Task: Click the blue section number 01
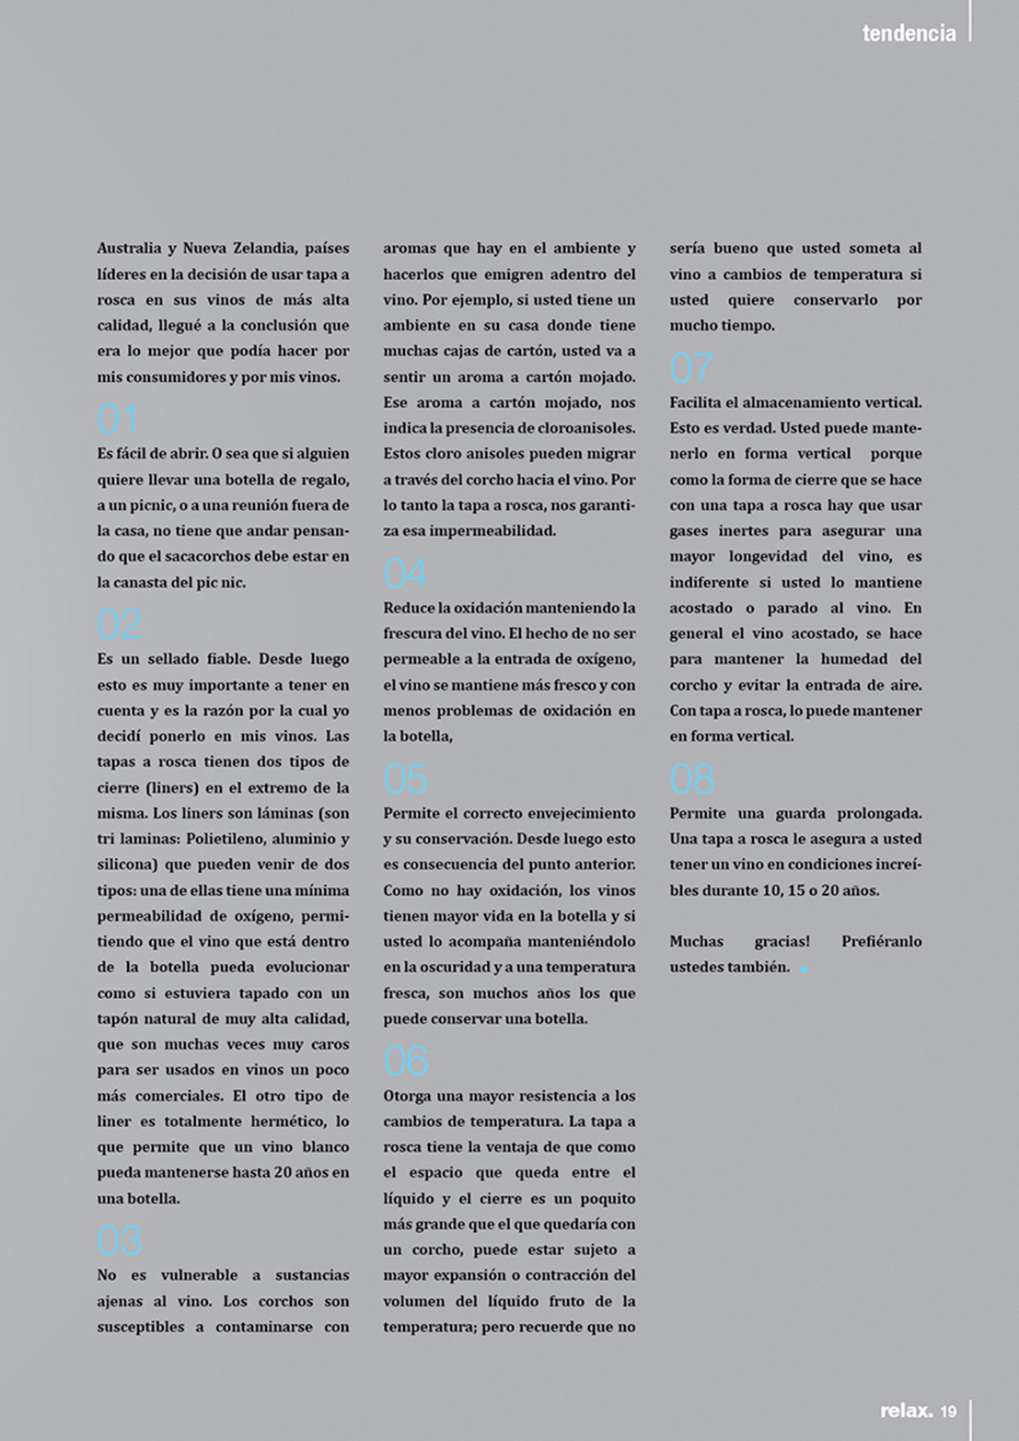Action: click(118, 420)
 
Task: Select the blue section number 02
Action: click(119, 625)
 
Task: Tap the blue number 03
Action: click(119, 1241)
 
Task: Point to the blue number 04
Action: click(405, 575)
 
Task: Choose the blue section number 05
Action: click(405, 780)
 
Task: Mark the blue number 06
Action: click(405, 1062)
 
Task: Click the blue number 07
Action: click(691, 369)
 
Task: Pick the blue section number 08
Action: click(691, 780)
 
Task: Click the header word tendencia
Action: click(909, 33)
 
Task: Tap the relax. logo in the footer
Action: click(906, 1411)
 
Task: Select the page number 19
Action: click(949, 1412)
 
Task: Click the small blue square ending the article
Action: click(804, 969)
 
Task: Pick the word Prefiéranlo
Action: click(881, 941)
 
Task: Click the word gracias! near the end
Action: click(782, 941)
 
